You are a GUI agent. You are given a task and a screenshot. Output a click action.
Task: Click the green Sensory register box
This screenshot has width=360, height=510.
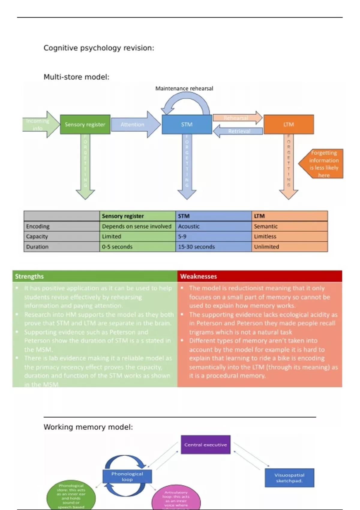pos(85,124)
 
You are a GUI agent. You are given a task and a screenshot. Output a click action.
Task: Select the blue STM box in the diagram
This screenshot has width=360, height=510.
pos(187,124)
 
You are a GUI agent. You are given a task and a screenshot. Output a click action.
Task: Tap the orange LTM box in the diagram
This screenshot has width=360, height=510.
pos(289,124)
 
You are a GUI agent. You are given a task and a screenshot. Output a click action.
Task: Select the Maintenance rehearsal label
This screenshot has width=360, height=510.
pos(184,88)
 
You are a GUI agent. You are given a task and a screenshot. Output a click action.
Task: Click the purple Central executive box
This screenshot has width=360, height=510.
pos(205,445)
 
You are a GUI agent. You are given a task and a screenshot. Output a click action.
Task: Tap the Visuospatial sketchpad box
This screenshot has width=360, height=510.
pos(289,478)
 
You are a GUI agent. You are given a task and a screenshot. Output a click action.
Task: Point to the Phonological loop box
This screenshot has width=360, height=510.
pos(127,476)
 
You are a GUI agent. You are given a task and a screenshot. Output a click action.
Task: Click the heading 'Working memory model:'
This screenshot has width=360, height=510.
pos(88,427)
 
